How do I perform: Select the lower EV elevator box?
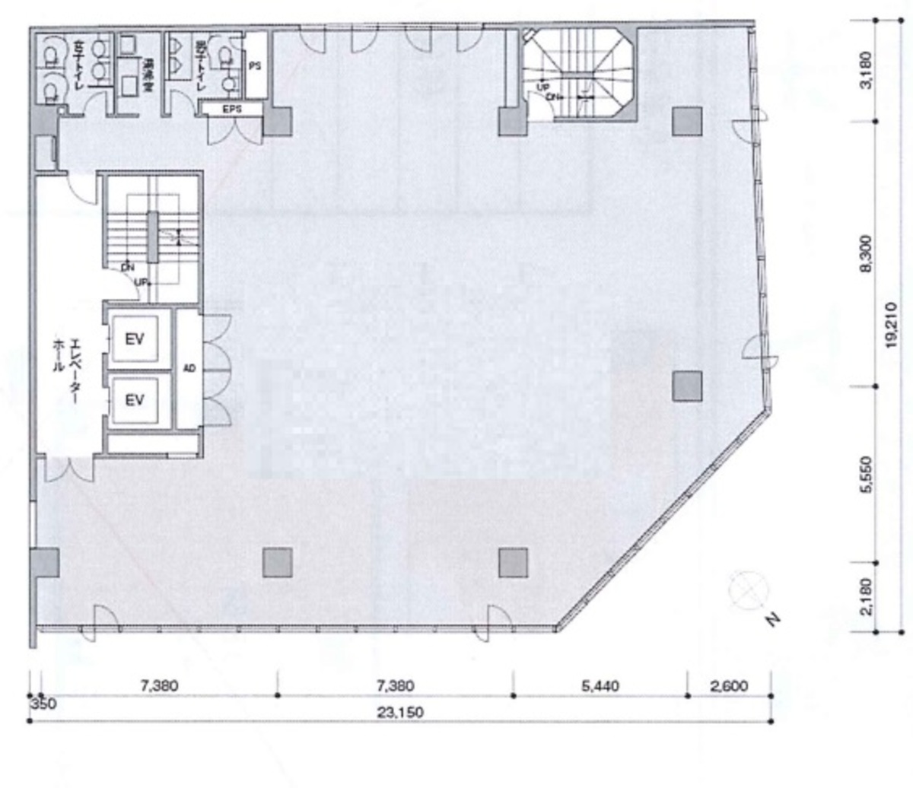click(x=135, y=399)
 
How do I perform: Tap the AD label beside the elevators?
click(x=189, y=368)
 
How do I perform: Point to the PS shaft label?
click(x=255, y=66)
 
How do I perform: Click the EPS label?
click(x=231, y=110)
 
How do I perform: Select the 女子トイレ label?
click(x=77, y=66)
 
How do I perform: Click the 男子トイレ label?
click(x=202, y=66)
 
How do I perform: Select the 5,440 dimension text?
click(x=600, y=686)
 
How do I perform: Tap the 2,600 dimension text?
click(x=728, y=686)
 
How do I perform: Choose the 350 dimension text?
click(x=43, y=704)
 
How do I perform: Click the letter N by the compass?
click(x=774, y=620)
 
